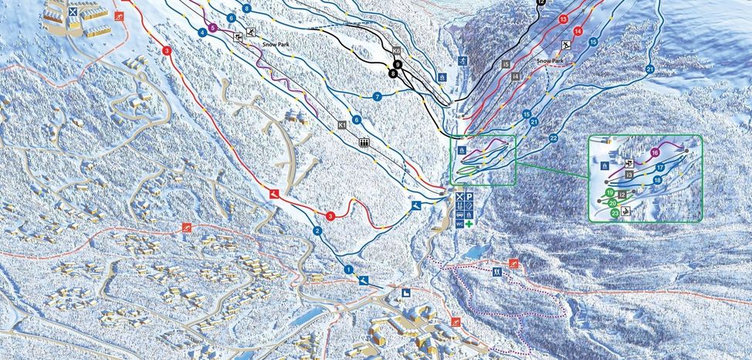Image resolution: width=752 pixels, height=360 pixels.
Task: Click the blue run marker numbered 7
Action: [378, 97]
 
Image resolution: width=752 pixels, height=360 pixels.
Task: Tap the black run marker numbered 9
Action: [398, 65]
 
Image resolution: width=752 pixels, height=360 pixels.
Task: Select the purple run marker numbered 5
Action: [212, 28]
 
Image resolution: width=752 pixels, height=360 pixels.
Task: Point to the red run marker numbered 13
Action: [563, 19]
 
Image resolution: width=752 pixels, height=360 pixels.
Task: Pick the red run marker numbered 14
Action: [578, 31]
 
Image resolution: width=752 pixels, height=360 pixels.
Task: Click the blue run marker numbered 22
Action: [554, 138]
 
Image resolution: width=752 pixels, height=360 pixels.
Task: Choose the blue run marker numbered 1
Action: [348, 270]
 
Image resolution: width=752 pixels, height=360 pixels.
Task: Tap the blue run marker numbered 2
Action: [317, 231]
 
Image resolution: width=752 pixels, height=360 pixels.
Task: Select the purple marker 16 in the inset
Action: [655, 152]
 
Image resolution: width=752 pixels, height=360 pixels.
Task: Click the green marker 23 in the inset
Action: [615, 212]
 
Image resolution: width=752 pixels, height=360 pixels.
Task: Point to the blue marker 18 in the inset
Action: [657, 180]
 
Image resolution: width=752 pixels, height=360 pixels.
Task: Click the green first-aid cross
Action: [468, 222]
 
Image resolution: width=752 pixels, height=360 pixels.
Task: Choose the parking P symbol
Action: [469, 198]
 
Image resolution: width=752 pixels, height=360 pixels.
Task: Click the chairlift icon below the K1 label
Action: [364, 143]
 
